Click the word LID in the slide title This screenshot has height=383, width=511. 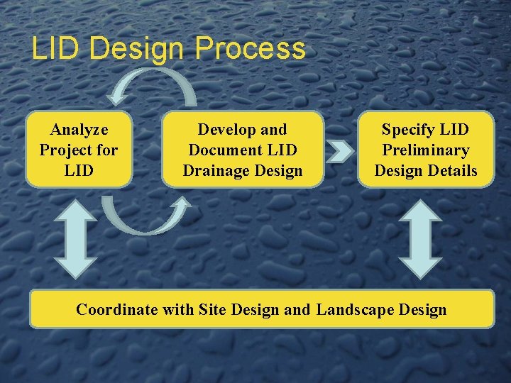point(58,49)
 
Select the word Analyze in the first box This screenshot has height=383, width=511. point(79,129)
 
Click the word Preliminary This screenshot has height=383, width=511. point(426,150)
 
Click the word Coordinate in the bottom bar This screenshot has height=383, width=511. point(117,309)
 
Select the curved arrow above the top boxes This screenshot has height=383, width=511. point(153,84)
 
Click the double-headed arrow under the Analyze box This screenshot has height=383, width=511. point(76,238)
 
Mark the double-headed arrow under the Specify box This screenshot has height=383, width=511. point(419,238)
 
